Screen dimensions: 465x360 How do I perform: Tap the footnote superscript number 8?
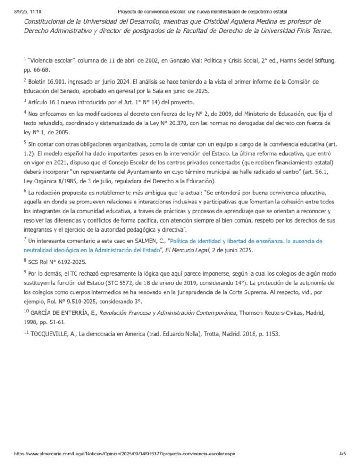[25, 261]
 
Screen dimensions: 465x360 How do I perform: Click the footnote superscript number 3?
[25, 100]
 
